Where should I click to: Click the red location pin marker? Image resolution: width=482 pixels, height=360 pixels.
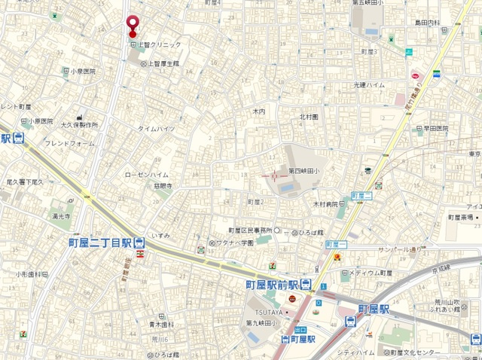click(133, 25)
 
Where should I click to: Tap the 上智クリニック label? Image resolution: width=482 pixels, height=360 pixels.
click(160, 46)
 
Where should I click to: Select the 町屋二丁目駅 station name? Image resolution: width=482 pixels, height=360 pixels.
click(99, 243)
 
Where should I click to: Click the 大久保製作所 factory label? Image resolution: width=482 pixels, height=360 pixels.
click(80, 124)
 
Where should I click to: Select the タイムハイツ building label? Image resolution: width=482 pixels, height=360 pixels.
click(156, 129)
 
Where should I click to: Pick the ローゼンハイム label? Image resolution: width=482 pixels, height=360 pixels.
click(147, 174)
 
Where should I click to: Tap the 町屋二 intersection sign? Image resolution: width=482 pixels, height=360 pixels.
click(362, 195)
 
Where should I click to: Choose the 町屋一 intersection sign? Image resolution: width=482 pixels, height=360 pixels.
click(337, 245)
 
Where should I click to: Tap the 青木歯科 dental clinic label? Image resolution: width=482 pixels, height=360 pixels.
click(161, 325)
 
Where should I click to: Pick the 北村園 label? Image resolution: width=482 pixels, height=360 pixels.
click(309, 117)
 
